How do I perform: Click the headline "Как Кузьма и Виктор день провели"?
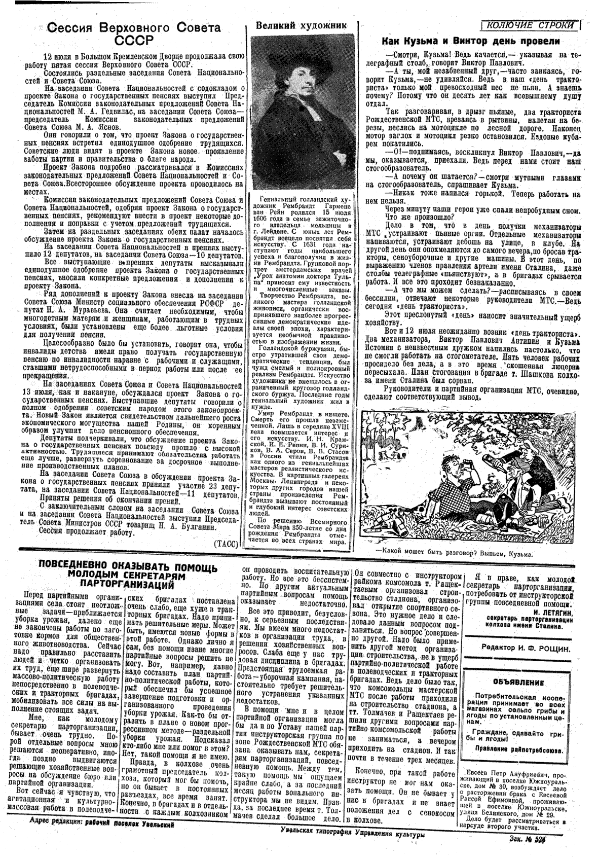tap(479, 41)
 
